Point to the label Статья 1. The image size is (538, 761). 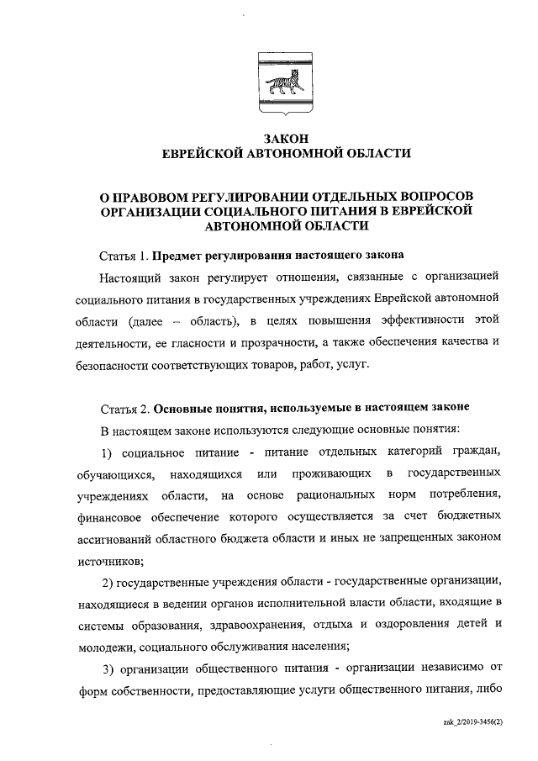[x=124, y=254]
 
